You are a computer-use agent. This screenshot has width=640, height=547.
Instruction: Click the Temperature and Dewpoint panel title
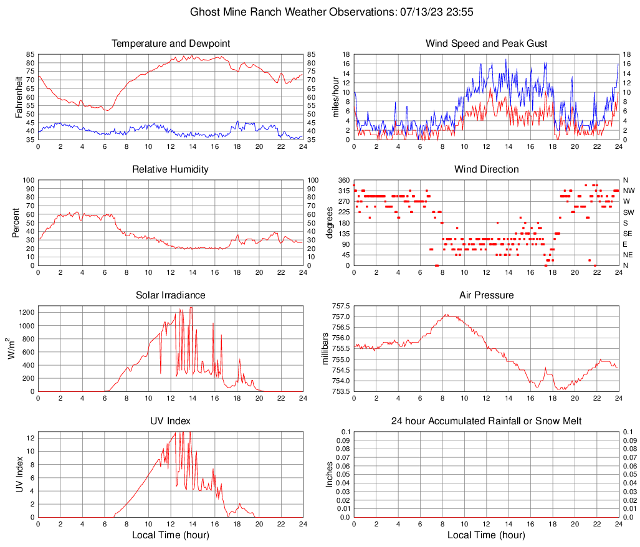pyautogui.click(x=170, y=44)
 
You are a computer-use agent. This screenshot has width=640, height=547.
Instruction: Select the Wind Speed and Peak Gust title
pyautogui.click(x=486, y=44)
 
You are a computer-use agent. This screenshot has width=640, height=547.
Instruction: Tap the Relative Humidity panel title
pyautogui.click(x=170, y=169)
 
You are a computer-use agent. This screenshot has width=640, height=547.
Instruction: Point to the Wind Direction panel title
pyautogui.click(x=486, y=169)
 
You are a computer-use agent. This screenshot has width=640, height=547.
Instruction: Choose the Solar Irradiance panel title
pyautogui.click(x=170, y=295)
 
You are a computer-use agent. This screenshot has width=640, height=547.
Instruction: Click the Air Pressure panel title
pyautogui.click(x=486, y=295)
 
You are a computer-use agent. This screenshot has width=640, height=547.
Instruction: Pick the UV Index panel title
pyautogui.click(x=170, y=421)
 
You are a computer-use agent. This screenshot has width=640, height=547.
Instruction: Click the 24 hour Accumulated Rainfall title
pyautogui.click(x=486, y=421)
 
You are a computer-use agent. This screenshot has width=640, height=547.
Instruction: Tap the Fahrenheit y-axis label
pyautogui.click(x=19, y=97)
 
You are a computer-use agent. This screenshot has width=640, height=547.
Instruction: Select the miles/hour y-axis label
pyautogui.click(x=335, y=97)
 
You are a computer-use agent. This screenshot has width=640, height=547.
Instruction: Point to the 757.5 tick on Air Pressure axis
pyautogui.click(x=340, y=306)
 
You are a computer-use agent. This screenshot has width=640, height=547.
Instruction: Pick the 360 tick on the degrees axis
pyautogui.click(x=342, y=180)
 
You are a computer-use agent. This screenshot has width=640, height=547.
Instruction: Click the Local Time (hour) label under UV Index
pyautogui.click(x=170, y=535)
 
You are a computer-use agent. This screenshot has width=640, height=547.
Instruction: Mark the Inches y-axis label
pyautogui.click(x=330, y=474)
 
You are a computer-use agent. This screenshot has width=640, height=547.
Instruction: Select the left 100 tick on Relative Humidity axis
pyautogui.click(x=28, y=180)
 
